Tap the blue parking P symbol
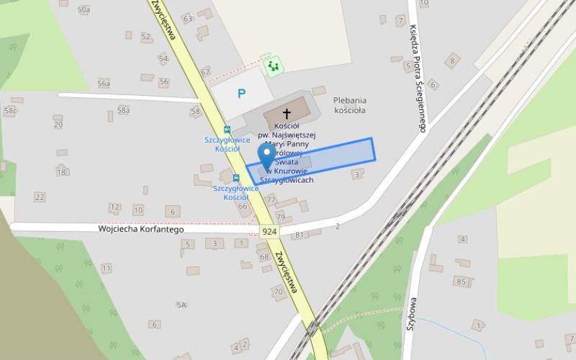pos(242,93)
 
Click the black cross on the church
pos(287,114)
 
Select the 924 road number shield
pos(270,231)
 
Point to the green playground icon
pos(272,67)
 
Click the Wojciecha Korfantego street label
pos(141,230)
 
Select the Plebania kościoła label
pos(350,105)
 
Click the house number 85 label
pos(460,282)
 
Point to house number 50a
pos(84,9)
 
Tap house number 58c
pos(10,111)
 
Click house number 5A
pos(181,305)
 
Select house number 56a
pos(104,84)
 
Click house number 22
pos(40,197)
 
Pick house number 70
pos(278,292)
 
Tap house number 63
pos(188,18)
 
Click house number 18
pos(61,171)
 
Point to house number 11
pos(107,269)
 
